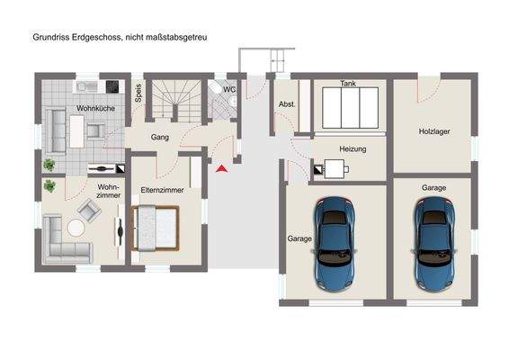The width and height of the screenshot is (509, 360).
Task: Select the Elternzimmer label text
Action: coord(162,190)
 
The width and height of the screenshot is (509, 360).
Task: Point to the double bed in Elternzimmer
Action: coord(156,227)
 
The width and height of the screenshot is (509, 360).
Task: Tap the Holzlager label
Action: coord(434,132)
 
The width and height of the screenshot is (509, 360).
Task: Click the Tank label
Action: coord(348,84)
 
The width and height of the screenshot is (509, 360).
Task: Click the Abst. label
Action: coord(287,104)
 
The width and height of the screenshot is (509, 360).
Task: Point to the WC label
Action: coord(229,89)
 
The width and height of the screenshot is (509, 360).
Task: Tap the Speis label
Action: coord(138,94)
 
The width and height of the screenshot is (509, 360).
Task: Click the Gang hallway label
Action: coord(160,138)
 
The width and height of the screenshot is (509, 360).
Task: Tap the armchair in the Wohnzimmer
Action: coord(90,210)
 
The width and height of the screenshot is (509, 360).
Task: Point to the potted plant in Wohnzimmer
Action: coord(49,185)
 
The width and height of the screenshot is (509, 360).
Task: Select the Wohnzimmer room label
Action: coord(109,191)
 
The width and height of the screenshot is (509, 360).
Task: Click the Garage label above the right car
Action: coord(433,188)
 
